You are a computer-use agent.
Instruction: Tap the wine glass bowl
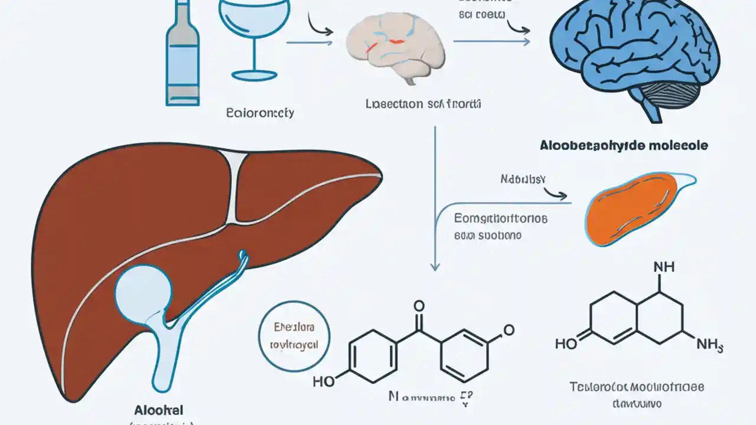[x=255, y=21]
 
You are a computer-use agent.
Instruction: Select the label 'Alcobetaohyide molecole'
[x=624, y=145]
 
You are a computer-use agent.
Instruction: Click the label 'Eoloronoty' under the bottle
[x=260, y=112]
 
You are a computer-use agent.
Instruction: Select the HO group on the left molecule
[x=324, y=381]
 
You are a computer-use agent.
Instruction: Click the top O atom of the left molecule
[x=419, y=306]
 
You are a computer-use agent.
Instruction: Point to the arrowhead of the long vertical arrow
[x=435, y=266]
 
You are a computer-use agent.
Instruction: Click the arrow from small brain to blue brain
[x=490, y=41]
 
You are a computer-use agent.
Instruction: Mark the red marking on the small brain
[x=397, y=41]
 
